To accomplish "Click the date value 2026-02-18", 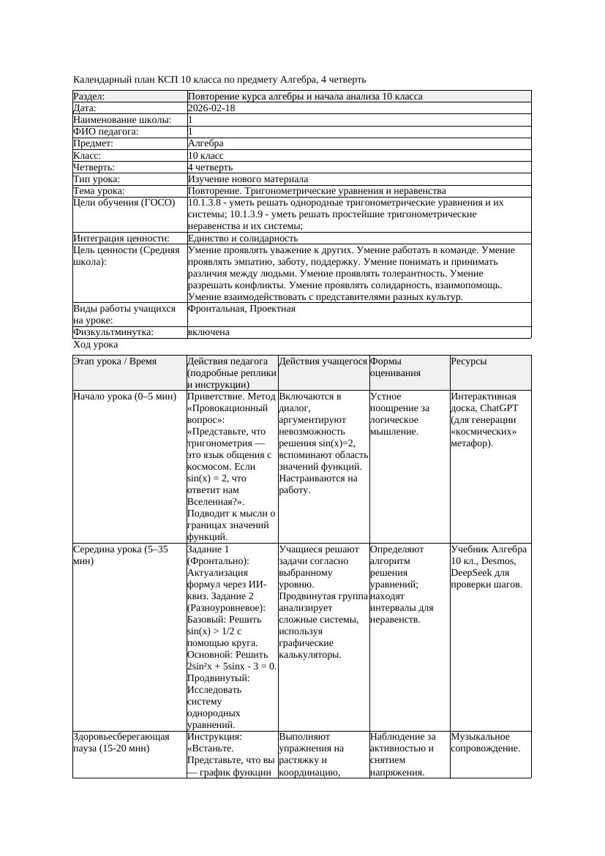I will click(x=211, y=108).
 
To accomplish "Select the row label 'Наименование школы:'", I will click(x=123, y=120).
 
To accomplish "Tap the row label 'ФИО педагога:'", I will click(x=106, y=132).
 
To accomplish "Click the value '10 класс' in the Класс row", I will click(x=206, y=156).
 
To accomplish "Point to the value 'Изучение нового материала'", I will click(x=248, y=179).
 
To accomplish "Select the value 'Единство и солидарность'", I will click(x=243, y=239).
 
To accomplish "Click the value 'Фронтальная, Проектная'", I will click(x=241, y=309).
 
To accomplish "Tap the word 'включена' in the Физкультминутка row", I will click(x=208, y=332).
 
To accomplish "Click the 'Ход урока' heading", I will click(x=96, y=345).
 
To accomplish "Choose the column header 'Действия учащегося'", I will click(x=323, y=361).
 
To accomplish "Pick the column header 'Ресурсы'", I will click(x=469, y=361).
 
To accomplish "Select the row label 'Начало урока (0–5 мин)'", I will click(x=125, y=397).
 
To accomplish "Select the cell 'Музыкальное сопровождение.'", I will click(x=485, y=743).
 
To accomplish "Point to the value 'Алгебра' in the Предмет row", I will click(x=206, y=143).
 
